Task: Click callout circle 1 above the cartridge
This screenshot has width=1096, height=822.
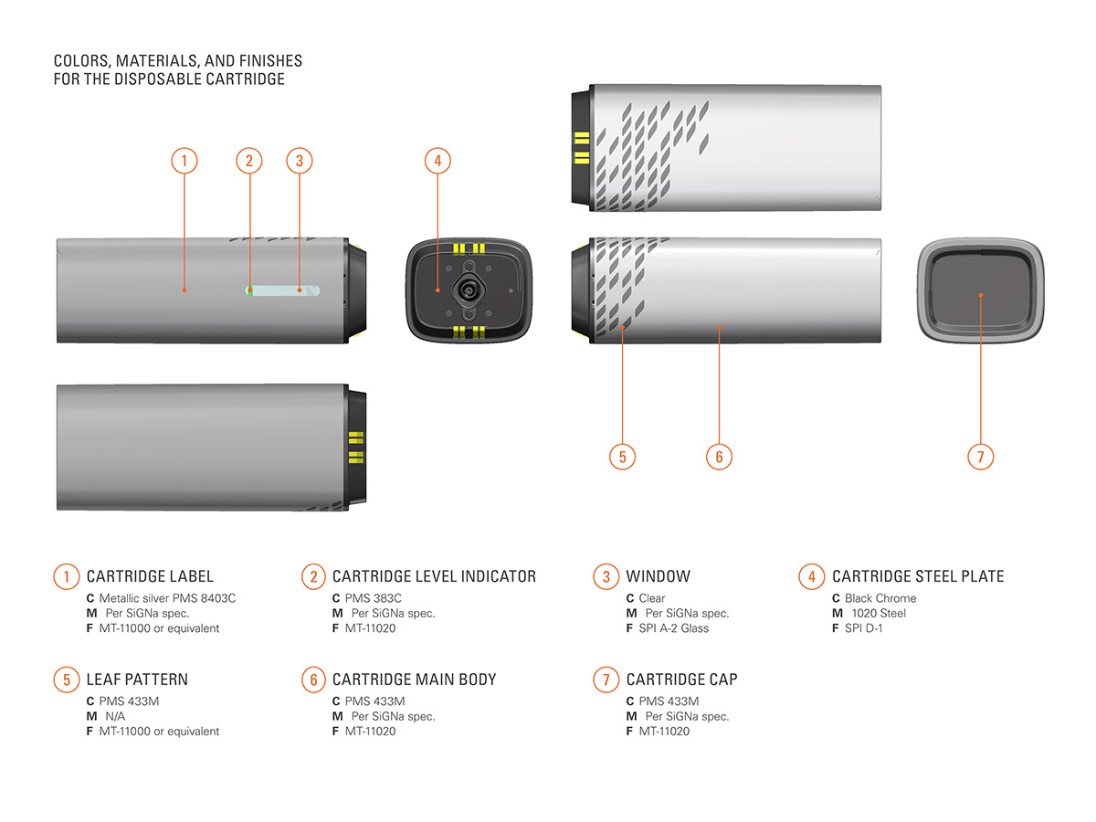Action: [x=184, y=162]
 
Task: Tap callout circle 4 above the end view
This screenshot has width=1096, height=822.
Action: [x=437, y=162]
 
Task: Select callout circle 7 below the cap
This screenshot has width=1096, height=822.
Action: [x=980, y=457]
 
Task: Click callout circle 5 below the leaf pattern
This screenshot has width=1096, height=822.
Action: [x=622, y=457]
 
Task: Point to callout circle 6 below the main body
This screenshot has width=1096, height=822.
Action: [x=719, y=457]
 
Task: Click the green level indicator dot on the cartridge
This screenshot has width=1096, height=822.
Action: [x=248, y=290]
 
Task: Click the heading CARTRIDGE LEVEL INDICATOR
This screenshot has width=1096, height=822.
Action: [x=434, y=576]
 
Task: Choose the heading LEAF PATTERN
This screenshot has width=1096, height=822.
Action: [x=137, y=680]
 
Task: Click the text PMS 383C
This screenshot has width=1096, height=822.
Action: [x=373, y=598]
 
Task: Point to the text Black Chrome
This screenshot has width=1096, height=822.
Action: [x=880, y=598]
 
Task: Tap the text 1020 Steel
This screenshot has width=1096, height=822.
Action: [x=879, y=613]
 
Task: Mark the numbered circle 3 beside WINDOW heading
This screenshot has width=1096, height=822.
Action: [x=606, y=576]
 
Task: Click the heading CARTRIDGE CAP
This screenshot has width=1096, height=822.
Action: [x=681, y=680]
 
